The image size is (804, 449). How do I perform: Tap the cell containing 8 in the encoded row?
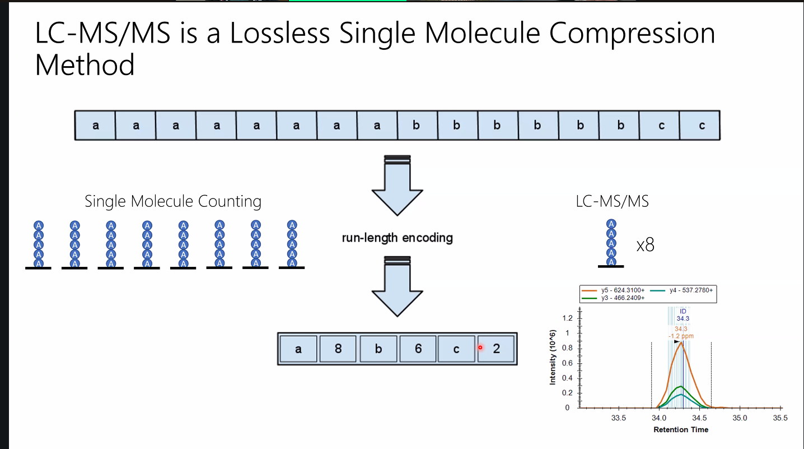pyautogui.click(x=338, y=349)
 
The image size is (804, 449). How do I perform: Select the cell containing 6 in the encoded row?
pyautogui.click(x=418, y=349)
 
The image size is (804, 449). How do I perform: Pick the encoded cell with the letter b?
pyautogui.click(x=378, y=349)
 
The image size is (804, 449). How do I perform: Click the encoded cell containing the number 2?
pyautogui.click(x=496, y=349)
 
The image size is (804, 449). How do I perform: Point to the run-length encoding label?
pyautogui.click(x=397, y=238)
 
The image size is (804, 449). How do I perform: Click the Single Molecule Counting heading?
pyautogui.click(x=173, y=201)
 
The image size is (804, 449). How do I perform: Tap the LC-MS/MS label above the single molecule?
pyautogui.click(x=612, y=201)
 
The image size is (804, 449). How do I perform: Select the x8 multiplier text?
pyautogui.click(x=645, y=245)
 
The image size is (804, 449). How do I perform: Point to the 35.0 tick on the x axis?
pyautogui.click(x=740, y=418)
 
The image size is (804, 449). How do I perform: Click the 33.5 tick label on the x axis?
pyautogui.click(x=618, y=418)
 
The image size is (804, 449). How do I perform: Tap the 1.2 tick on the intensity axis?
pyautogui.click(x=567, y=318)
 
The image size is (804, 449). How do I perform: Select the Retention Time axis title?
pyautogui.click(x=681, y=430)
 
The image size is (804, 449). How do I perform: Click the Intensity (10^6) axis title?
pyautogui.click(x=553, y=357)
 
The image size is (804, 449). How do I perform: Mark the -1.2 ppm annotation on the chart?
pyautogui.click(x=681, y=336)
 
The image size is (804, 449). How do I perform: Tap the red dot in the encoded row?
pyautogui.click(x=480, y=348)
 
